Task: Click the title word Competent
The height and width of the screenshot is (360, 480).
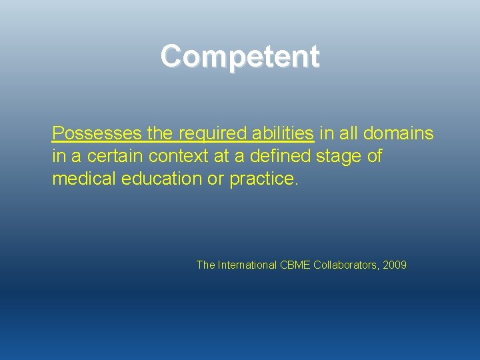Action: click(240, 56)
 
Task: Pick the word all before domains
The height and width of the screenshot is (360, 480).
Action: click(348, 133)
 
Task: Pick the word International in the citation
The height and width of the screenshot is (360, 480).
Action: click(246, 265)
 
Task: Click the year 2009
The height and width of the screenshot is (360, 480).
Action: click(395, 265)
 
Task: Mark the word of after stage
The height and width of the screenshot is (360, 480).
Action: click(375, 156)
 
